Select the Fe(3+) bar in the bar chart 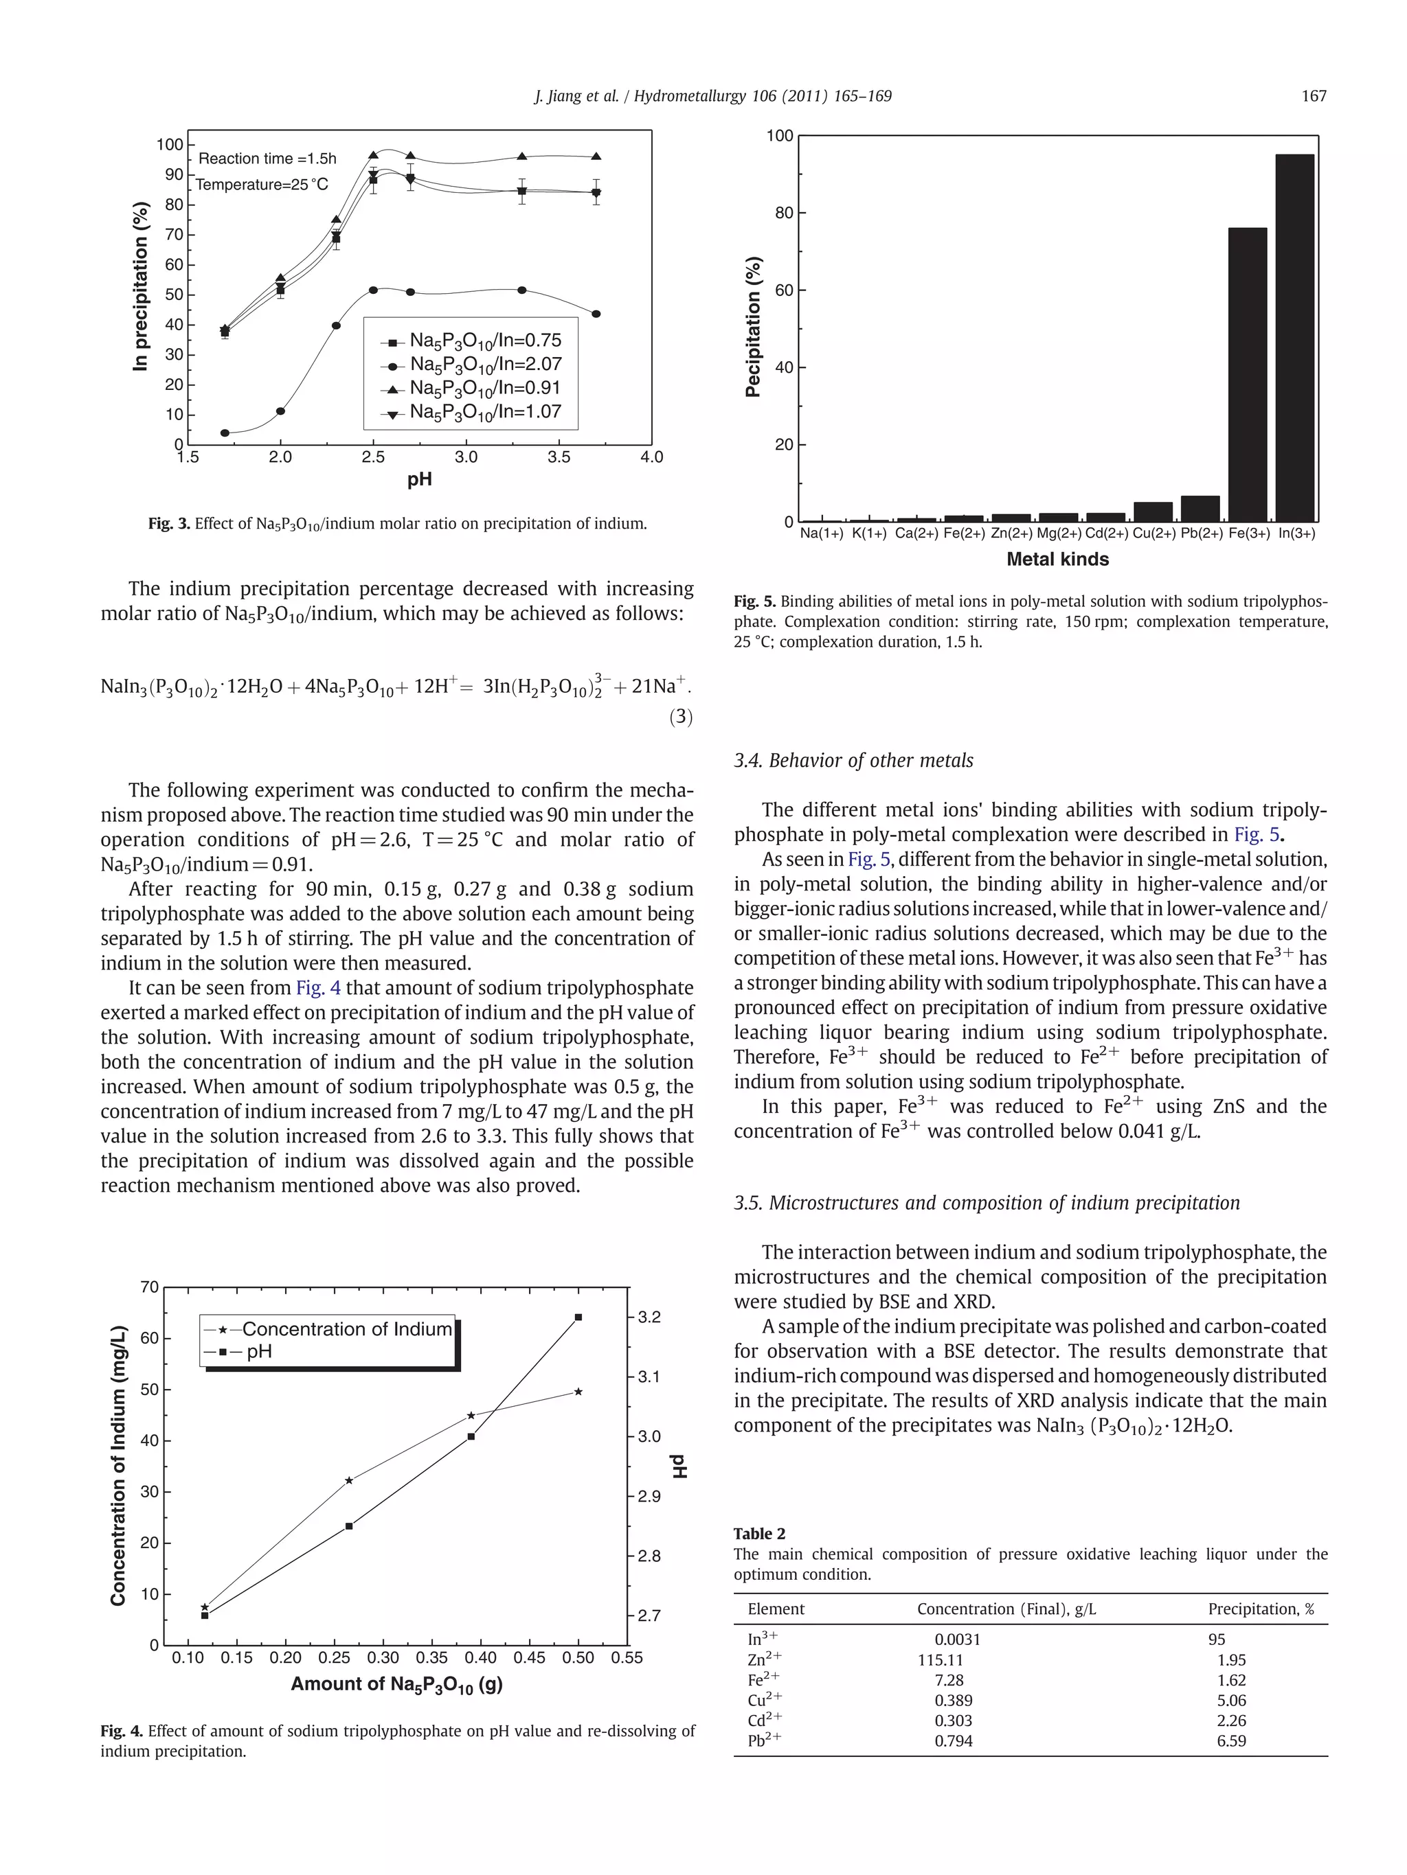tap(1247, 373)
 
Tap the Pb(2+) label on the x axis tap(1200, 534)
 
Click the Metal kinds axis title tap(1057, 560)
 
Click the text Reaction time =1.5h tap(267, 159)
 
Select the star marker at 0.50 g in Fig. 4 tap(578, 1391)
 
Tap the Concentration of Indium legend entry tap(346, 1329)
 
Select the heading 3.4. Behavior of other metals tap(853, 760)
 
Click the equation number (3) tap(680, 717)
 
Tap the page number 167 tap(1313, 96)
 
